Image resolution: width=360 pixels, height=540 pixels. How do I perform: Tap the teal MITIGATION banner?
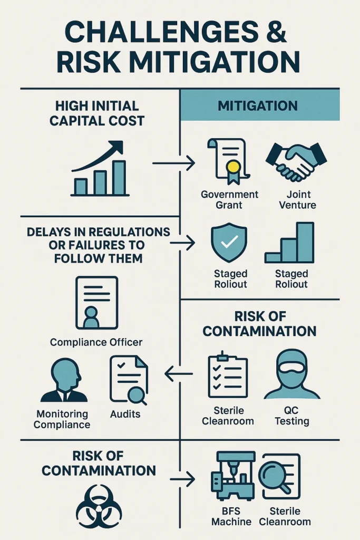260,105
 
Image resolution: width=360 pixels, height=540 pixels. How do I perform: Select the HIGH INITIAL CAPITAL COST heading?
96,113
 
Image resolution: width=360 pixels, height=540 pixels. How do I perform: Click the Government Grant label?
229,200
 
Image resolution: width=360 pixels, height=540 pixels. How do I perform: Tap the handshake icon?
296,161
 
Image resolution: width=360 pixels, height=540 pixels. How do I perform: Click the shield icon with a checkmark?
229,242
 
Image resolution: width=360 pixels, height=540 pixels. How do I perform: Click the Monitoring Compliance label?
62,419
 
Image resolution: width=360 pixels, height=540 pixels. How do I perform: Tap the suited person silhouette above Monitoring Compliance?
64,380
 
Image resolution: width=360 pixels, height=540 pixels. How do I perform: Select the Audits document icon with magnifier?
129,380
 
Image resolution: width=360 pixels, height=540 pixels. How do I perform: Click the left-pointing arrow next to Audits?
179,374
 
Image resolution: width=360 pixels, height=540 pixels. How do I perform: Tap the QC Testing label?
292,416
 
